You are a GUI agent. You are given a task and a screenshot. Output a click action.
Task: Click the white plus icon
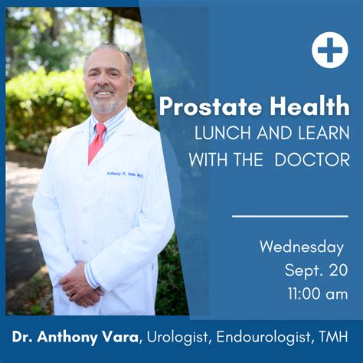pos(329,50)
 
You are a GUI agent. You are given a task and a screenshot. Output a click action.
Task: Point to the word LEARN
pos(322,133)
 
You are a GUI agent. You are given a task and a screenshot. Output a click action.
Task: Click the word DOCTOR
pos(313,160)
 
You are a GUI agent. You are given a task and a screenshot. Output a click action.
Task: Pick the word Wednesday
pos(302,247)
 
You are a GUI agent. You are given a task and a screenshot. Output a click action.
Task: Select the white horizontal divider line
pos(289,216)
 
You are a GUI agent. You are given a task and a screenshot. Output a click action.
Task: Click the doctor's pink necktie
pos(96,142)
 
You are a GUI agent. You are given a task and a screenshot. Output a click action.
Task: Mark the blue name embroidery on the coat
pos(125,175)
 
